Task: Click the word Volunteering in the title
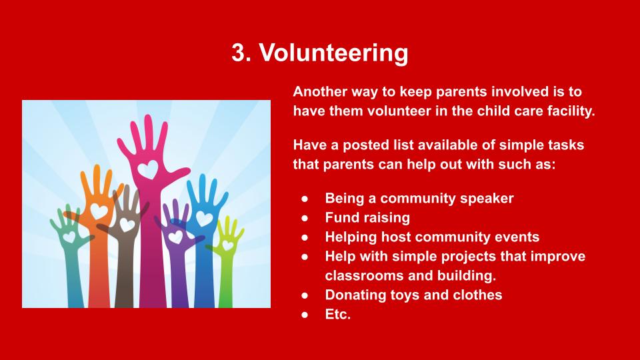click(x=333, y=53)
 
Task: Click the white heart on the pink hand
click(x=147, y=169)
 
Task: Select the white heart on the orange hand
click(x=99, y=211)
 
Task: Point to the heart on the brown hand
click(x=126, y=224)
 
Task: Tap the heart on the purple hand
click(x=176, y=237)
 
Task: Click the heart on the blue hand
click(x=204, y=219)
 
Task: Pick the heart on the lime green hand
click(x=227, y=245)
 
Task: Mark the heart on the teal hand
click(x=69, y=237)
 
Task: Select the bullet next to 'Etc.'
click(x=305, y=315)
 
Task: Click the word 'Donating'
click(x=355, y=295)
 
